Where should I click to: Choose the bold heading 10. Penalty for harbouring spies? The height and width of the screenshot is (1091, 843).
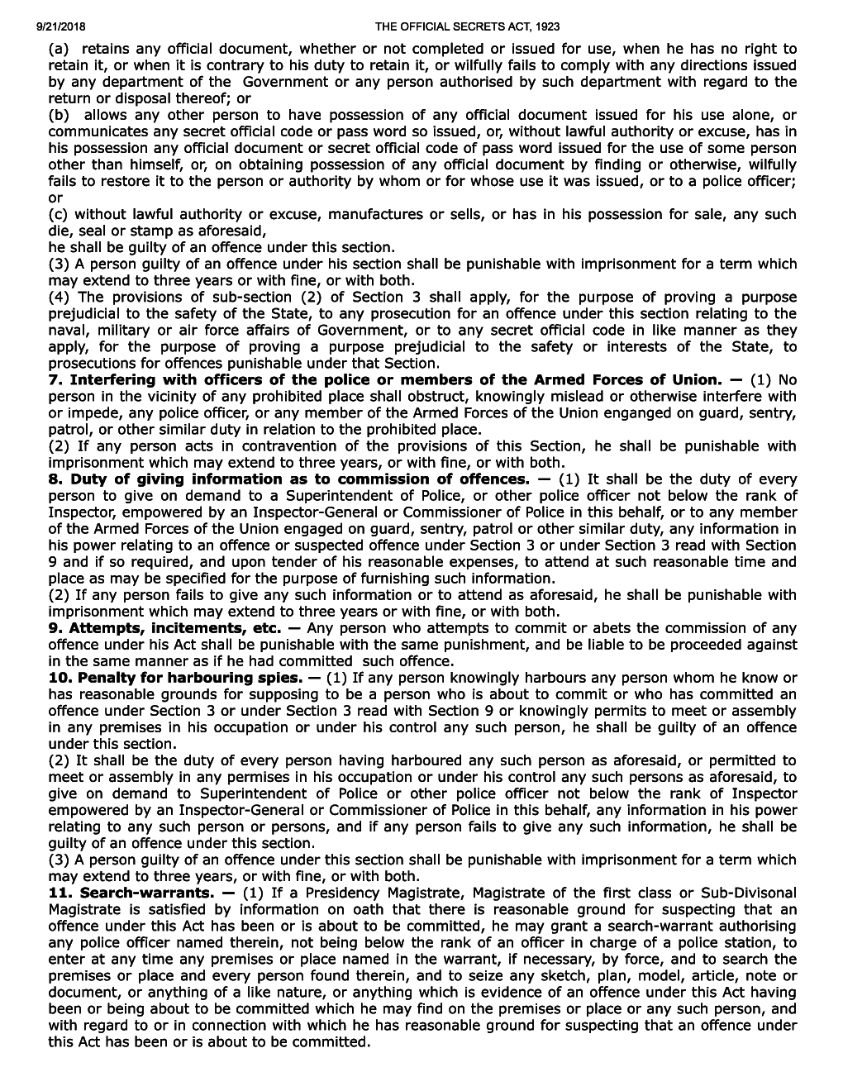click(175, 678)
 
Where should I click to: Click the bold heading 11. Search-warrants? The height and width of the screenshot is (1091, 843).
click(131, 893)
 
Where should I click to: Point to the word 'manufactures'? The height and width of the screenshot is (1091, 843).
click(376, 215)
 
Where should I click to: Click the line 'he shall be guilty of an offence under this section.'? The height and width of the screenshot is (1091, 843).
click(221, 248)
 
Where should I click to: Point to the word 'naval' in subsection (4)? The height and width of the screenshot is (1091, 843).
click(67, 331)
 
